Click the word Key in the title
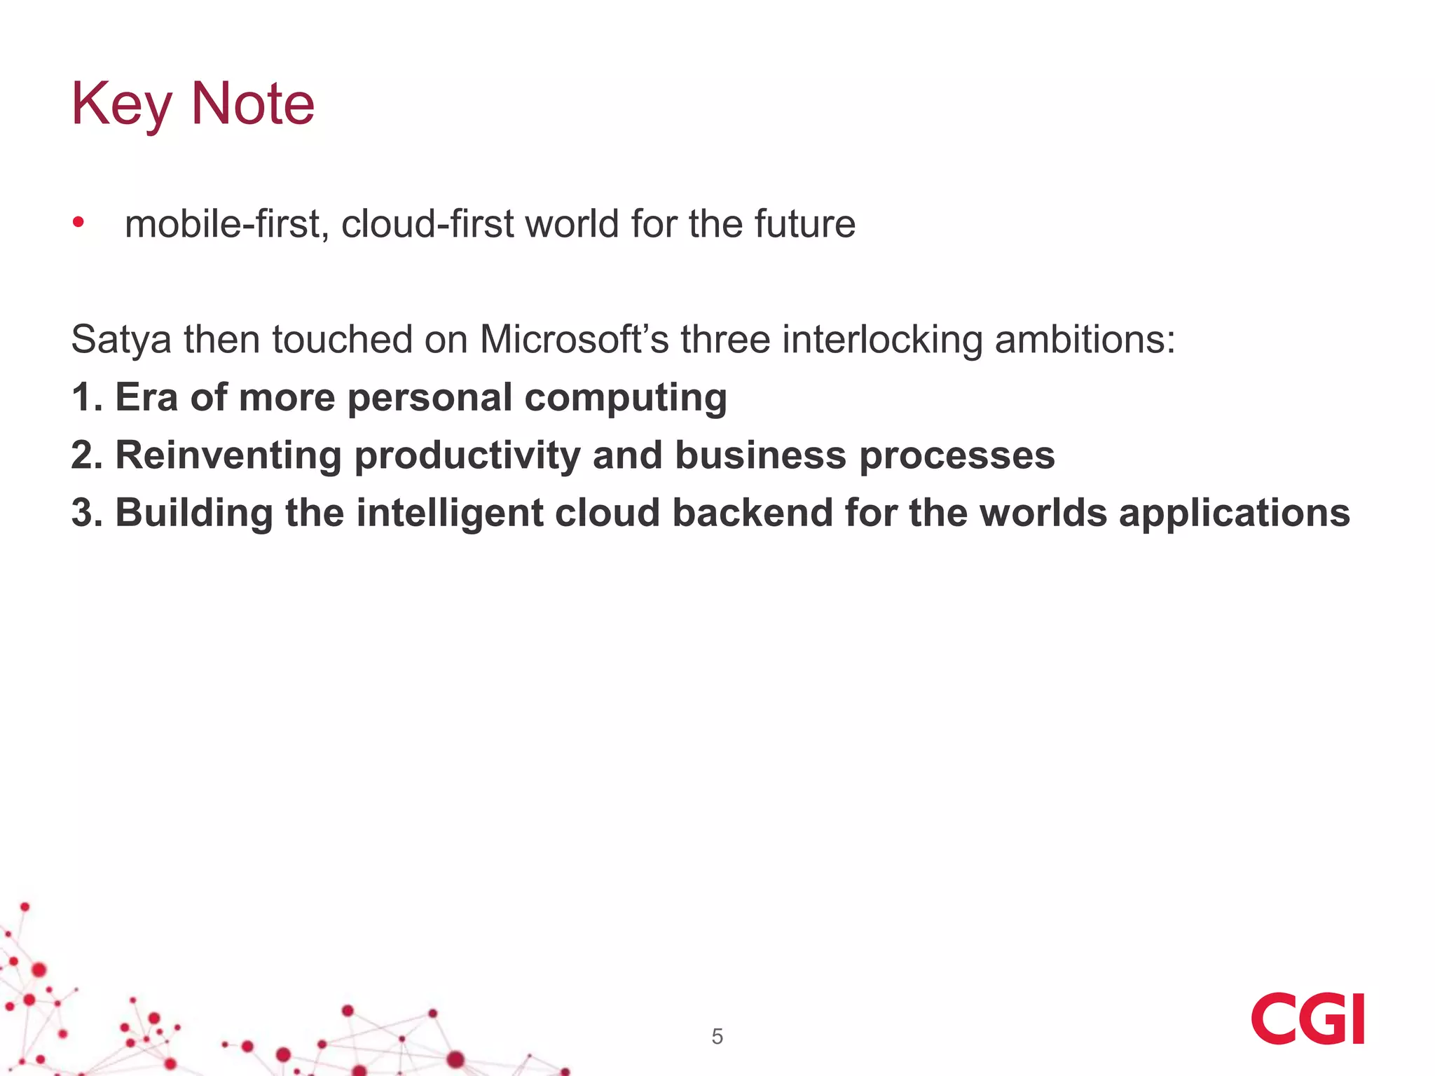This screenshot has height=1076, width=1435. click(x=121, y=105)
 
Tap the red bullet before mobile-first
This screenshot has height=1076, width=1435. click(x=78, y=223)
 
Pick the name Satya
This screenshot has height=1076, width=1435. click(x=121, y=340)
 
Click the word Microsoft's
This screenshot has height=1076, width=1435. click(x=574, y=339)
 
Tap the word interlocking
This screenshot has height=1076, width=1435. click(x=882, y=340)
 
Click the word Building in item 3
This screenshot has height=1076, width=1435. click(x=194, y=513)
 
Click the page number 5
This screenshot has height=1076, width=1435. click(x=717, y=1036)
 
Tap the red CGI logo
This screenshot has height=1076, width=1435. click(x=1307, y=1018)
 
